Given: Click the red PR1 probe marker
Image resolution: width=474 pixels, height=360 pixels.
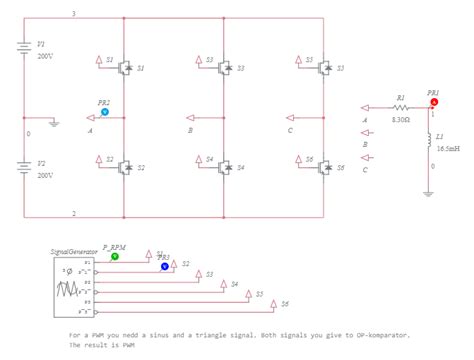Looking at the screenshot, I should (433, 101).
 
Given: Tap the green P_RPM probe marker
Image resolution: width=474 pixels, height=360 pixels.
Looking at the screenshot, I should (114, 257).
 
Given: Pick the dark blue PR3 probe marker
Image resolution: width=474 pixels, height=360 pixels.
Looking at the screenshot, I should (165, 267).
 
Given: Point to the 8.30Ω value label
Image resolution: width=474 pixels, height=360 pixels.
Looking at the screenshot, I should (401, 120).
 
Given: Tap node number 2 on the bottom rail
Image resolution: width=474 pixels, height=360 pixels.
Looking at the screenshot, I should (73, 213).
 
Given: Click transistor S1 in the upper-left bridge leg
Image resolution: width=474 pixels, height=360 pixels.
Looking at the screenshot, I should (125, 68).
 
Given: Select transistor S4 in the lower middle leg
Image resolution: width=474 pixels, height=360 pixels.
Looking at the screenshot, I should (225, 167).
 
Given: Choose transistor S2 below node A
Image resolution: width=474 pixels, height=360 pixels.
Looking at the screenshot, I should (125, 167).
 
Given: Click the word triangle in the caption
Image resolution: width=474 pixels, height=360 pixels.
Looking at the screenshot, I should (207, 335).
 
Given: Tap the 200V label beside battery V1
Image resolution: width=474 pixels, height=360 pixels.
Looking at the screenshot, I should (44, 57).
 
